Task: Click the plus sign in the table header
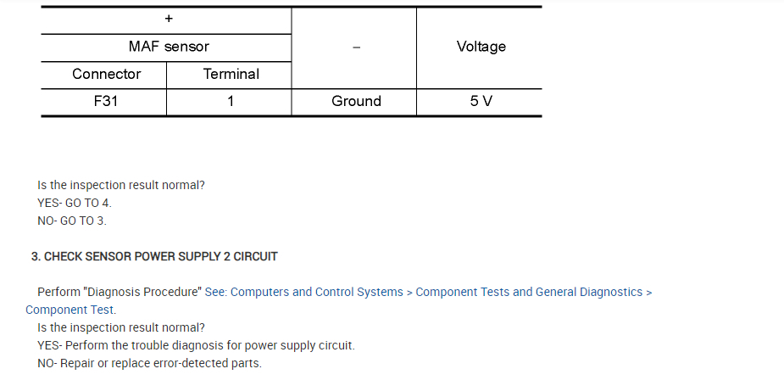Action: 167,20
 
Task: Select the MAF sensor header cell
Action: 167,47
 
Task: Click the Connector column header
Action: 106,74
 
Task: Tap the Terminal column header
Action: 231,74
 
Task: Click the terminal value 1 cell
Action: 231,101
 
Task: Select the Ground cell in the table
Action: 356,101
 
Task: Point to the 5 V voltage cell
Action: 481,101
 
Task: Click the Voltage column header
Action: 481,47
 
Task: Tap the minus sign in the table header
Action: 356,47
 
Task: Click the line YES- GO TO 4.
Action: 75,203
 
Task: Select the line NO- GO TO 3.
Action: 72,221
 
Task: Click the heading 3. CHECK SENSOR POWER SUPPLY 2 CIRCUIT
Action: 154,256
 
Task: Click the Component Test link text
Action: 70,310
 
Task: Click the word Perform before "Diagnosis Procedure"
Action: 58,292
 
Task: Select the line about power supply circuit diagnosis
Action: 196,345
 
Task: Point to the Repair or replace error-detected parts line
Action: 149,363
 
